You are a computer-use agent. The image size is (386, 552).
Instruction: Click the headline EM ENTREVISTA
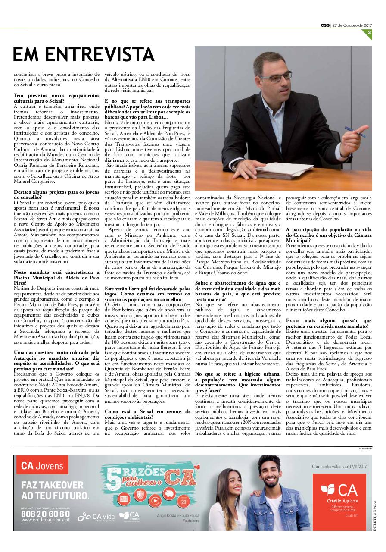tap(83, 54)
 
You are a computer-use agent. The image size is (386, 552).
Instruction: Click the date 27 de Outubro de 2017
tap(348, 25)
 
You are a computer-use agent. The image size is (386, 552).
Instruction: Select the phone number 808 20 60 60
tap(45, 514)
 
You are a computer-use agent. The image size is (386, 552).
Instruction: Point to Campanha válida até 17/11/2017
tap(339, 467)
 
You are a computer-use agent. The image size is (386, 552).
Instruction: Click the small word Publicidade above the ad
tap(365, 448)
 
